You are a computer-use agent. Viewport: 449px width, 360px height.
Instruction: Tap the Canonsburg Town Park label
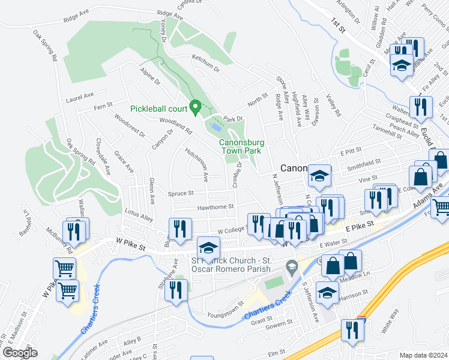coord(240,146)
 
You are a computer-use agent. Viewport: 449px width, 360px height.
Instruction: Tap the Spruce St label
coord(181,193)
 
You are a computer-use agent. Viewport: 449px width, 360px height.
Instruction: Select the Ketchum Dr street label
coord(206,64)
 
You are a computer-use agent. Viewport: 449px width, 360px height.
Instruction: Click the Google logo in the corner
coord(19,352)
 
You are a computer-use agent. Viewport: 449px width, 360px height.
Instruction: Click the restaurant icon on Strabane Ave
coord(175,292)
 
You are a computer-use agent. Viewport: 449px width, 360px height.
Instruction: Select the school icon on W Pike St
coord(208,247)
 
